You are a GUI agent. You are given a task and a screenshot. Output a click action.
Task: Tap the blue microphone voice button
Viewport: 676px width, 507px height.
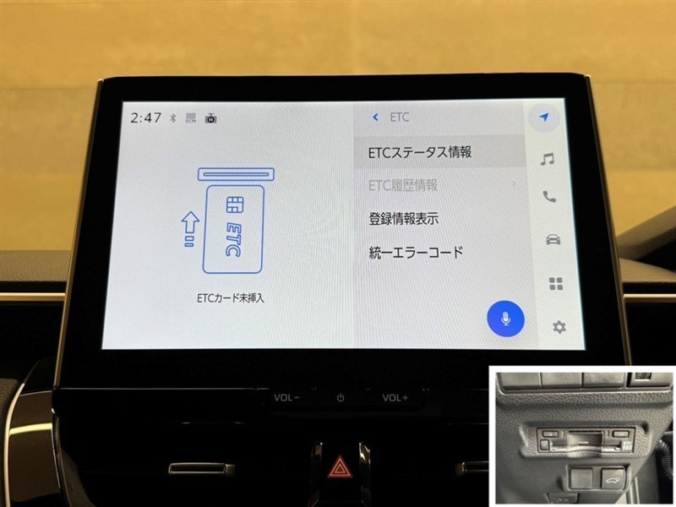click(x=505, y=319)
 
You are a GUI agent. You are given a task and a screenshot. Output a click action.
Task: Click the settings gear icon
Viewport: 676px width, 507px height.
click(x=559, y=327)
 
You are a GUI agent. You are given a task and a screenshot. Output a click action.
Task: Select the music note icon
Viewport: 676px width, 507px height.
click(x=547, y=160)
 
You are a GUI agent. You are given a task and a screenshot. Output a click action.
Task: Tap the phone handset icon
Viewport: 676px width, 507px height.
click(x=548, y=197)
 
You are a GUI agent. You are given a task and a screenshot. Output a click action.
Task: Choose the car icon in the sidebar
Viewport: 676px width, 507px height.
click(x=553, y=239)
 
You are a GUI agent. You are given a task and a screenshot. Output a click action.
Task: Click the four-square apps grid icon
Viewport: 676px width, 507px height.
click(x=556, y=284)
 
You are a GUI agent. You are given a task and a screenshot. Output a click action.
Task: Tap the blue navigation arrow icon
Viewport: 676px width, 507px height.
click(x=544, y=117)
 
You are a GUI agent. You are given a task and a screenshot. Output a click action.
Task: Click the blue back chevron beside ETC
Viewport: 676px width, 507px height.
click(x=375, y=117)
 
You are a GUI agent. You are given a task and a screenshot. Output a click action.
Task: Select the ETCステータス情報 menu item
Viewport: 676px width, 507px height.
click(x=419, y=152)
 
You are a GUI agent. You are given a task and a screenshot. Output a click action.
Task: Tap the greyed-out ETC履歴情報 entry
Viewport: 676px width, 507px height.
click(x=403, y=185)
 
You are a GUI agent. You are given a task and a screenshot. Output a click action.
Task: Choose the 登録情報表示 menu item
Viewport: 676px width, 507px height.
click(x=404, y=219)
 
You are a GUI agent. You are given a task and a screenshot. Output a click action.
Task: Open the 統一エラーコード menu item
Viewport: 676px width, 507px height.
click(x=416, y=252)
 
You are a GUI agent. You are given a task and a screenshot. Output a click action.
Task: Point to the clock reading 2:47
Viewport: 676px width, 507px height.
click(x=145, y=117)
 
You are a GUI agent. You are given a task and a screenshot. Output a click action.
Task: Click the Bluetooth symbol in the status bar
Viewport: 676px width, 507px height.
click(x=173, y=117)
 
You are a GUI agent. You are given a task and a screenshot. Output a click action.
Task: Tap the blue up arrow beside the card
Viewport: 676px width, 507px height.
click(x=190, y=229)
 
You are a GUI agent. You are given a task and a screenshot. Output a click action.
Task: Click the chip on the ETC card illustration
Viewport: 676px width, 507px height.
click(x=235, y=204)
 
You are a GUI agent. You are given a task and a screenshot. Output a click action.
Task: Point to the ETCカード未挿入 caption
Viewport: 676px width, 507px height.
click(x=230, y=298)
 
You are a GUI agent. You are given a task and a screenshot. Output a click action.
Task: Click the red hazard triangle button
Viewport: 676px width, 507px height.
click(x=340, y=467)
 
